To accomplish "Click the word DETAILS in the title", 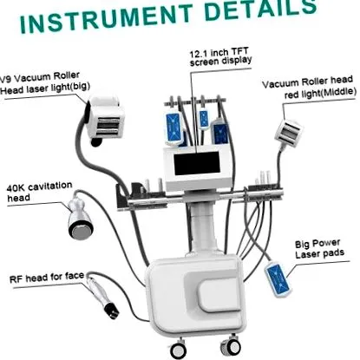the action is [x=261, y=10].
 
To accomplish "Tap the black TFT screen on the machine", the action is [x=197, y=163].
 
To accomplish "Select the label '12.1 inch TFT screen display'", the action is [x=220, y=57].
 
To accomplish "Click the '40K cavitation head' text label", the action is [x=39, y=192].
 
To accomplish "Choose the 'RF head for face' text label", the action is [x=47, y=278].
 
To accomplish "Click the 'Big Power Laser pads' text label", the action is [x=319, y=249].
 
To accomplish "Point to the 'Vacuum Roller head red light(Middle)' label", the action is [x=309, y=88].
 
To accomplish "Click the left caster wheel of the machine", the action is [x=178, y=350].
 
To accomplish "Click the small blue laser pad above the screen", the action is [x=204, y=119].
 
